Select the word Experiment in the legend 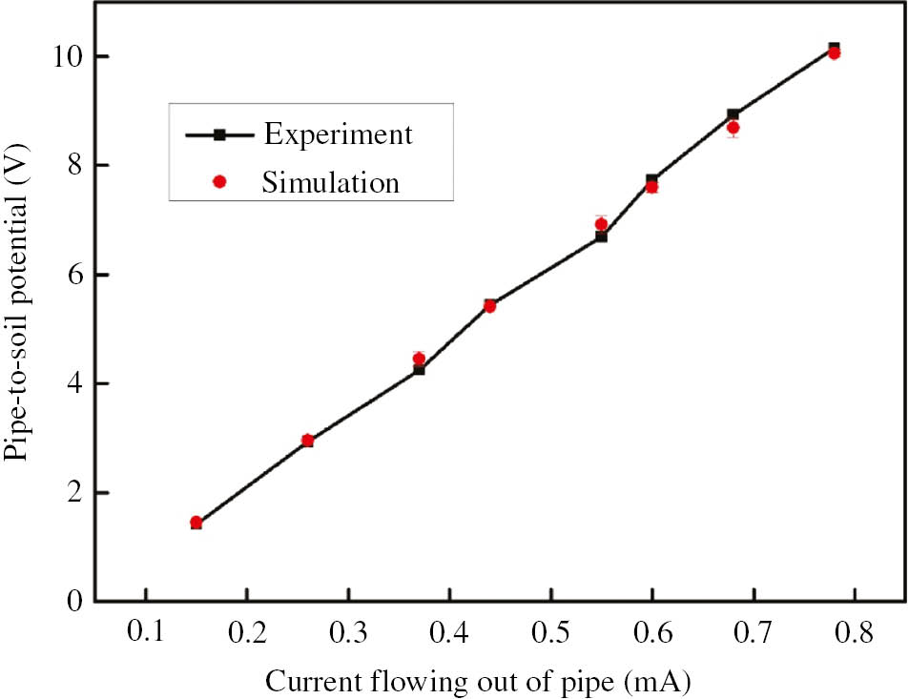point(338,134)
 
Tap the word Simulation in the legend point(331,181)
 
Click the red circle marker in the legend point(219,182)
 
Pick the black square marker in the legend point(219,134)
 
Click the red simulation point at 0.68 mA point(733,127)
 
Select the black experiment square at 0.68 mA point(733,114)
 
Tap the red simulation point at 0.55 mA point(601,224)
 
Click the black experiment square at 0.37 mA point(419,370)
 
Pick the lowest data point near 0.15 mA point(196,523)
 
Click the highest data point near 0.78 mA point(834,50)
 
